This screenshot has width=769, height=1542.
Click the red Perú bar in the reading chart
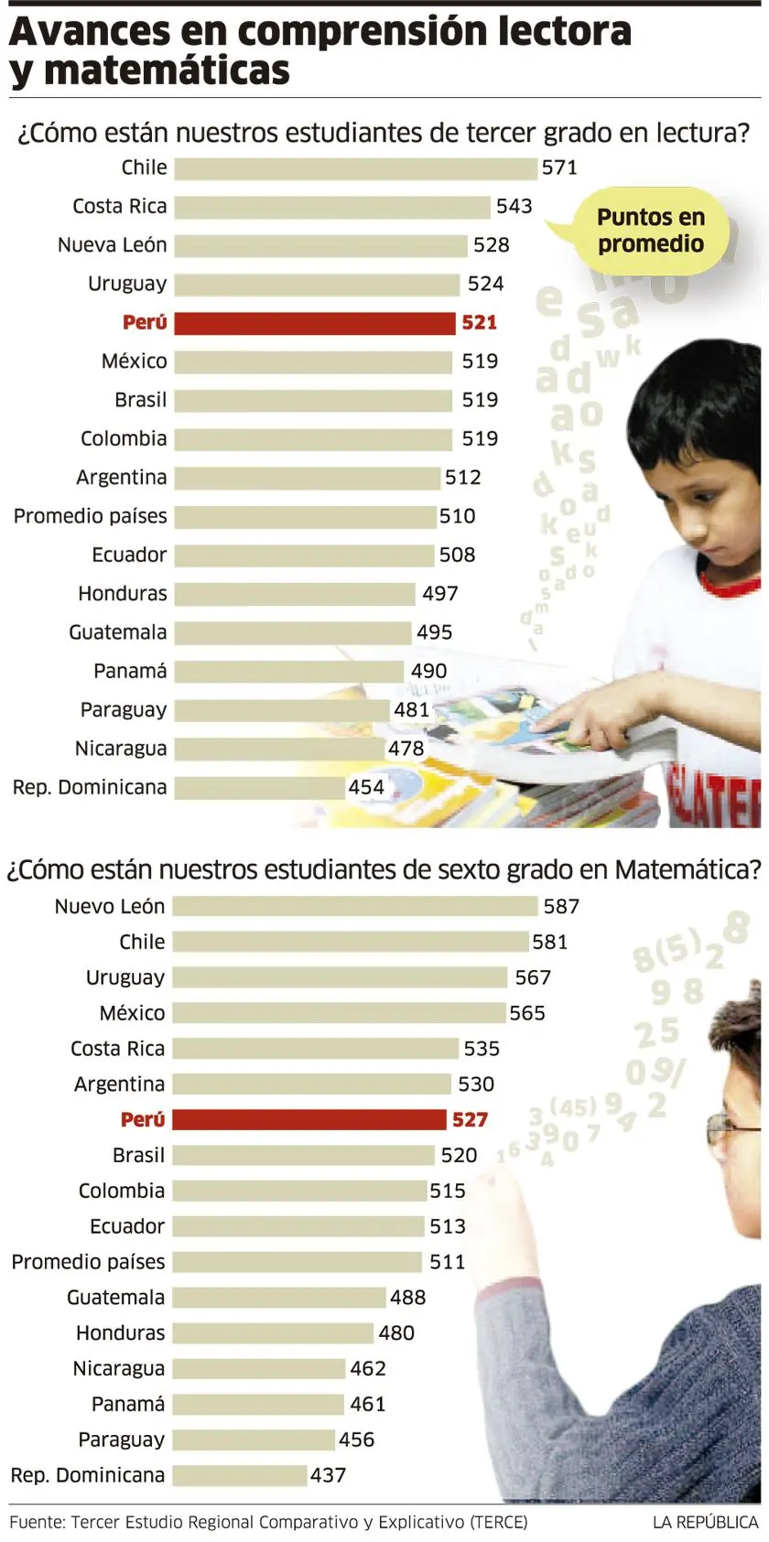pos(314,323)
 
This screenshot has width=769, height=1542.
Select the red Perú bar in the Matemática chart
pos(309,1119)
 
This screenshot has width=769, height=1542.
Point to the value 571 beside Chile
pos(559,167)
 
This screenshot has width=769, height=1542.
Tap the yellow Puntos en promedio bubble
pos(650,231)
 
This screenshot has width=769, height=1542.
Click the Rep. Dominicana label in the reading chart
pos(90,787)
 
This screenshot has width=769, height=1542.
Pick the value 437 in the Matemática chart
pos(328,1475)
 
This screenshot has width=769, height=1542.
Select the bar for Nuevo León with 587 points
pos(354,906)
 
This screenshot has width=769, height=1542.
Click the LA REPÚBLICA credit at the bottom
pos(705,1523)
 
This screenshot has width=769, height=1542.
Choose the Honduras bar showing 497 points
pos(294,594)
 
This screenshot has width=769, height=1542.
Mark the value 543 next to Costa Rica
pos(514,207)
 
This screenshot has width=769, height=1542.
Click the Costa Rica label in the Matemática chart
pos(117,1049)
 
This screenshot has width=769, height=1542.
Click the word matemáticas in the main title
pos(167,70)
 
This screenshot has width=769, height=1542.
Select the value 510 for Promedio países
pos(457,516)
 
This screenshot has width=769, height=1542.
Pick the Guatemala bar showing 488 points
pos(278,1298)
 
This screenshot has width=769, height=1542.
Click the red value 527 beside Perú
pos(470,1119)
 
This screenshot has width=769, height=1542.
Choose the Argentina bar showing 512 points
pos(307,478)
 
